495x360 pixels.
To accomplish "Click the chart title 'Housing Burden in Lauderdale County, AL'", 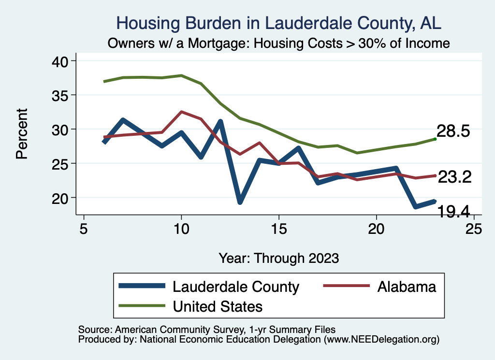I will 279,23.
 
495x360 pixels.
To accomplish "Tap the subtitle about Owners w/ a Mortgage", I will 279,43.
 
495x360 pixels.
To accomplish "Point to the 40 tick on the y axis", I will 61,61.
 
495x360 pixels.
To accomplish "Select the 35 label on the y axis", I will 61,95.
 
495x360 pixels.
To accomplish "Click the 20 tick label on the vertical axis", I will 61,198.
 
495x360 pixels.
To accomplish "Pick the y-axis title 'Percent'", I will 22,133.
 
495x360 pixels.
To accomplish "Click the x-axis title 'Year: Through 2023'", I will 279,258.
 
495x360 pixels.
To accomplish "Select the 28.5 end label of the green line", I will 453,131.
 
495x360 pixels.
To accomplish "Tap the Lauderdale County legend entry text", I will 236,287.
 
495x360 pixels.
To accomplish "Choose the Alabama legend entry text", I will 407,287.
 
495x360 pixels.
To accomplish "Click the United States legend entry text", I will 218,306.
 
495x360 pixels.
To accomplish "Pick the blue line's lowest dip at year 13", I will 240,202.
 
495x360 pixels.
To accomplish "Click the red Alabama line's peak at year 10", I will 181,112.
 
